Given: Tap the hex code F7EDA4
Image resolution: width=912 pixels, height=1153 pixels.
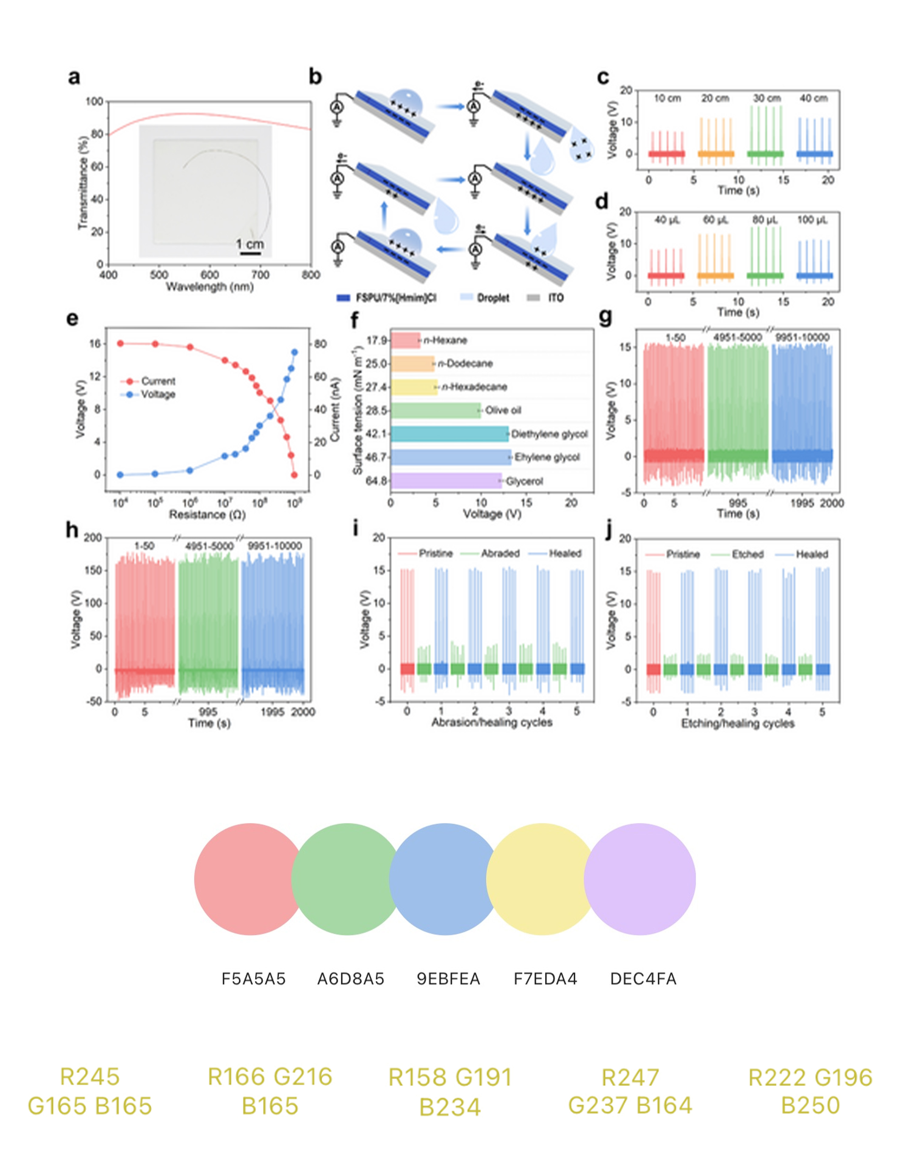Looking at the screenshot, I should coord(545,979).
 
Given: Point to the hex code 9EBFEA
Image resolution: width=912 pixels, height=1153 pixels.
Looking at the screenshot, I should coord(448,979).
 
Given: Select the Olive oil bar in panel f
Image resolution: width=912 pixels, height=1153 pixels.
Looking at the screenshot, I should coord(436,410).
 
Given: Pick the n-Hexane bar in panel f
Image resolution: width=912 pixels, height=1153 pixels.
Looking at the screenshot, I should coord(406,340).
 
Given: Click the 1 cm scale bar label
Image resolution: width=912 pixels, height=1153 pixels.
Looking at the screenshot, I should coord(250,244).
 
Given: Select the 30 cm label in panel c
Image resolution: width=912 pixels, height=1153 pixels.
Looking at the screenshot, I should coord(767,99).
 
